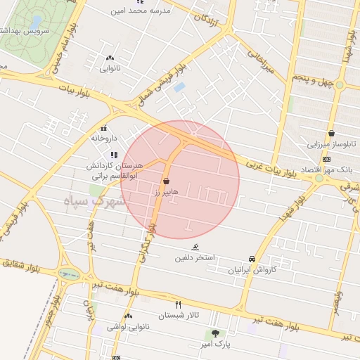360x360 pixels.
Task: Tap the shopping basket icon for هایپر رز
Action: [165, 181]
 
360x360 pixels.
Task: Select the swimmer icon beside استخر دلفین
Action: [195, 247]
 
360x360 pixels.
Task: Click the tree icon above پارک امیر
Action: [215, 333]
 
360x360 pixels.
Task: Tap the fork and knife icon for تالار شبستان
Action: [178, 304]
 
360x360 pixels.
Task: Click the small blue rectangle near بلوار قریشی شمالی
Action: [179, 87]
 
